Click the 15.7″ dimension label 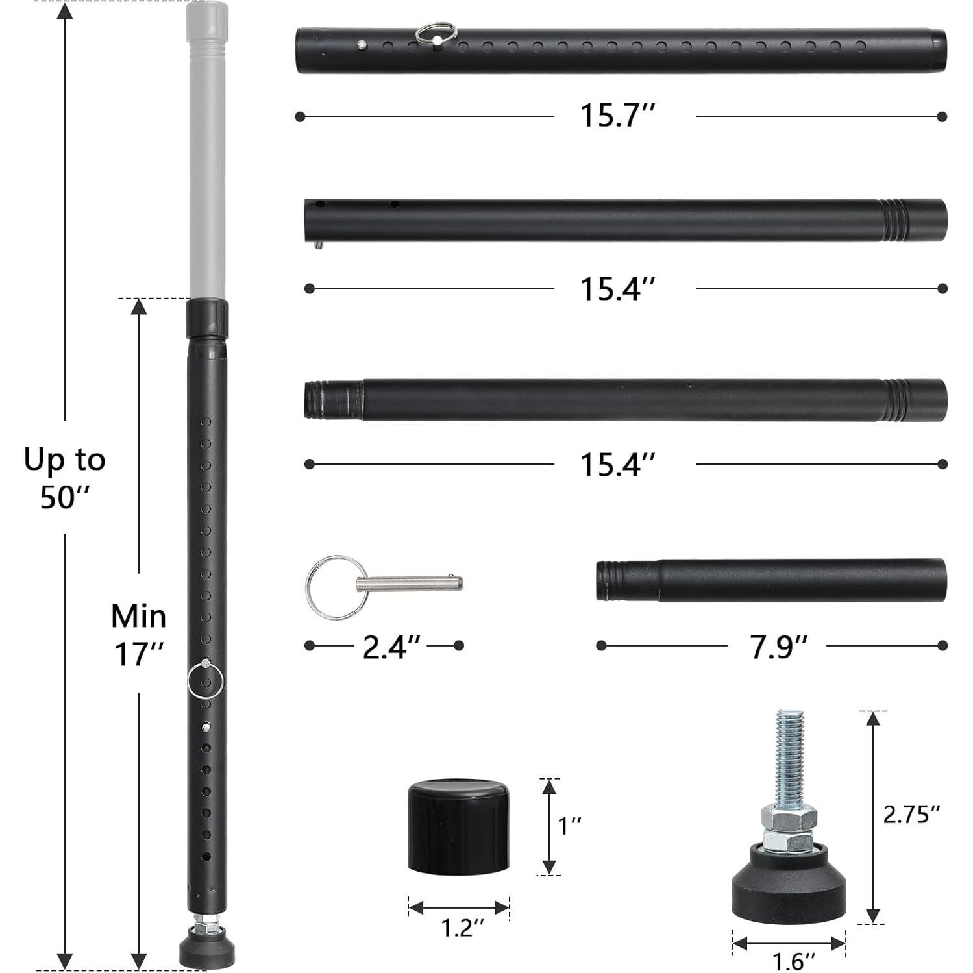coord(617,116)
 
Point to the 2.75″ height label coord(911,813)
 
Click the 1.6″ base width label coord(789,961)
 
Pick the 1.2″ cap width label coord(459,928)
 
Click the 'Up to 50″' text coord(65,477)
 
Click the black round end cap coord(458,826)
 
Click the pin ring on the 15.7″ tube coord(436,34)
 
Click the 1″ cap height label coord(569,826)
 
